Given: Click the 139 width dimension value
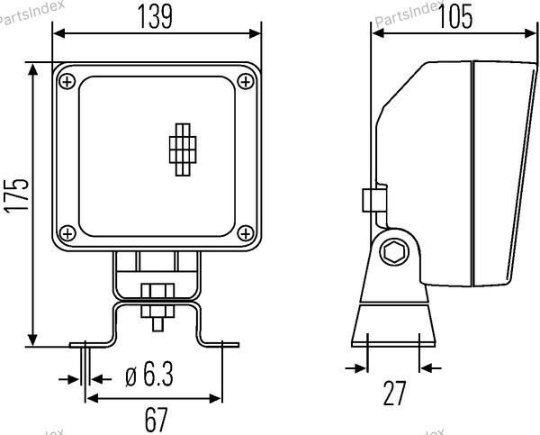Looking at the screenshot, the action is (155, 16).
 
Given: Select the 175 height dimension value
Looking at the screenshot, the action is (16, 195).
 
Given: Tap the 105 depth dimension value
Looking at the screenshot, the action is (455, 16).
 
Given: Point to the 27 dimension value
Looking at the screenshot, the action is (395, 394).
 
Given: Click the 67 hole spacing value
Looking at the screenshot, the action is (156, 420).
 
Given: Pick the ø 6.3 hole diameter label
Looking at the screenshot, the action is (149, 374).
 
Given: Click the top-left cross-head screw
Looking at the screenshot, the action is (67, 82).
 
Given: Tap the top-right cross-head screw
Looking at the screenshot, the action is (246, 82).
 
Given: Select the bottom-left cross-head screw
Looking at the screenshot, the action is (67, 233).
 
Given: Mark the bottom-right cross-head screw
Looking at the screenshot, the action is (246, 233).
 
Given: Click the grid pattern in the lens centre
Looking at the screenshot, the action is (183, 150).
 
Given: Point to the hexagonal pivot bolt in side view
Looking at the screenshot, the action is (394, 252).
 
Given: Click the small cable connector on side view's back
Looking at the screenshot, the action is (374, 199).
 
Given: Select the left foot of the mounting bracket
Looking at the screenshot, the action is (91, 344).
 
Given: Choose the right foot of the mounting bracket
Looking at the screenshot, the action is (220, 344).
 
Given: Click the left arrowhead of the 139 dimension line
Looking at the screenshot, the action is (58, 33).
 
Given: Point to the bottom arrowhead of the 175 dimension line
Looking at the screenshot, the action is (32, 340).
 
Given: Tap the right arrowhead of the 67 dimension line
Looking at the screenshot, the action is (216, 399).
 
